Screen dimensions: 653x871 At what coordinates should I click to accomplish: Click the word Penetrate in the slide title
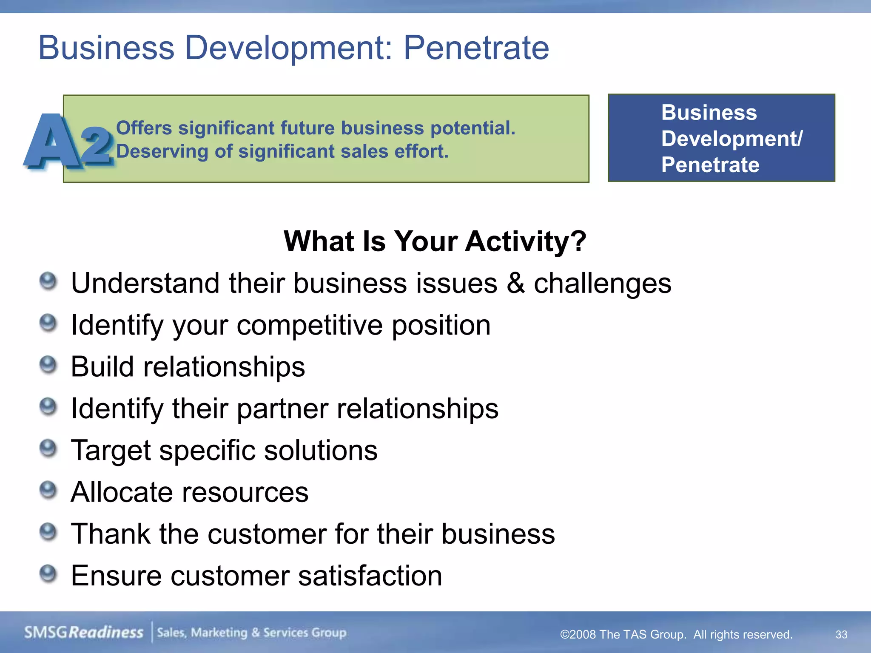tap(476, 48)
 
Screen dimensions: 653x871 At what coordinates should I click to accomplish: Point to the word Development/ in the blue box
tap(732, 139)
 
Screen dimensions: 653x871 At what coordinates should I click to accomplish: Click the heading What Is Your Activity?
tap(435, 241)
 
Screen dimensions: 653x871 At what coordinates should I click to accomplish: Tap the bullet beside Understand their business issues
tap(48, 281)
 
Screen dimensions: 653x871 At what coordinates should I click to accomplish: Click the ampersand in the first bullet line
tap(515, 283)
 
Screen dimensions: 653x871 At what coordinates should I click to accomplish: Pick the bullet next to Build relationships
tap(48, 365)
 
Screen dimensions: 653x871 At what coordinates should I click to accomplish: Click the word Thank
tap(111, 534)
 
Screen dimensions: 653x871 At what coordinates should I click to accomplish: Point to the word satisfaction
tap(370, 576)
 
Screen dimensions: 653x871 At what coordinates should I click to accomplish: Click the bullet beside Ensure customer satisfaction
tap(48, 574)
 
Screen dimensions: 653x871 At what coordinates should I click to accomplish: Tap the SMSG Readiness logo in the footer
tap(83, 633)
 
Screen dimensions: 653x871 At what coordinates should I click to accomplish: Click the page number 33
tap(841, 635)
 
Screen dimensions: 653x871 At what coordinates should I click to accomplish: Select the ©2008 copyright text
tap(676, 635)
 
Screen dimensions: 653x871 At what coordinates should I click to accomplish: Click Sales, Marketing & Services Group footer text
tap(252, 633)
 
